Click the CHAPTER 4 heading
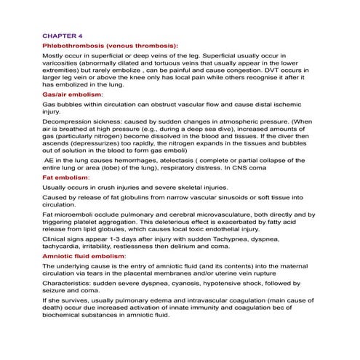click(x=63, y=34)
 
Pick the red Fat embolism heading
click(x=65, y=177)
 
